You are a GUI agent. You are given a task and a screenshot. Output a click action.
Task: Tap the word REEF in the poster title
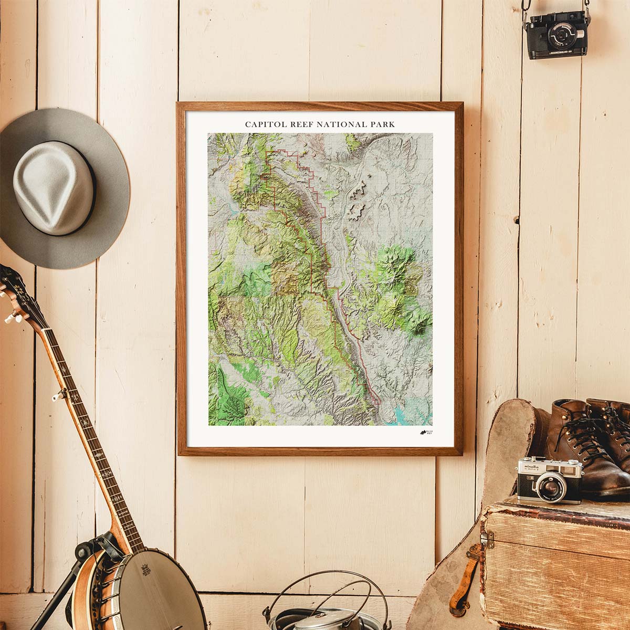pos(306,124)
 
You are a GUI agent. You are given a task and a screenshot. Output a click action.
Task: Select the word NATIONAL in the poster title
pos(344,124)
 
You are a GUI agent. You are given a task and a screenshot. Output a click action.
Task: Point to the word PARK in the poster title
pos(383,124)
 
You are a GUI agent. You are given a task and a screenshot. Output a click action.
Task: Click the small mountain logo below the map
pos(423,433)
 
